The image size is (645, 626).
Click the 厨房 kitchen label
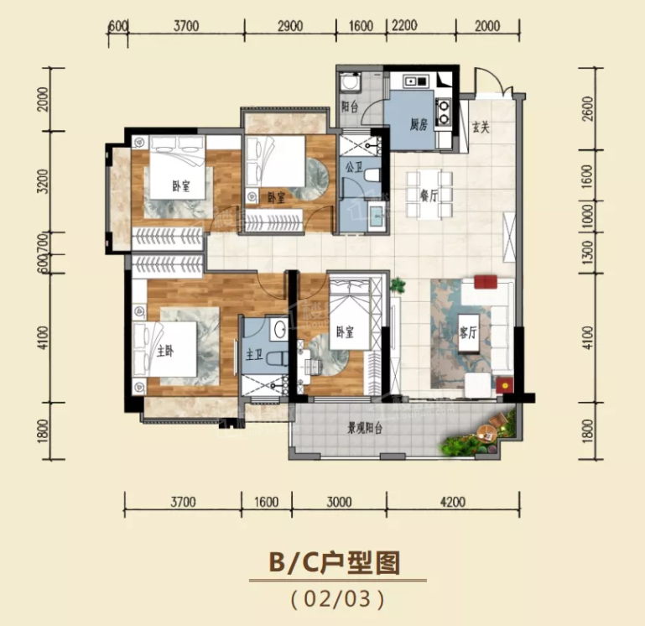419,124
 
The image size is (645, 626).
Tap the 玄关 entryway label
481,128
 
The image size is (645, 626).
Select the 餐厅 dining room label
429,196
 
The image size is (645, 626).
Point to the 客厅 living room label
469,333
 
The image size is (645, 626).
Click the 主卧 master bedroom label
165,351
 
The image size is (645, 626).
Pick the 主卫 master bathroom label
254,354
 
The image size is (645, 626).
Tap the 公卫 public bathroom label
354,168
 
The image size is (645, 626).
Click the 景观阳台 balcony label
366,429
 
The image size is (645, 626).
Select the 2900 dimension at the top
290,26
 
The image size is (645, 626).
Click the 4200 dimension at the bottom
452,502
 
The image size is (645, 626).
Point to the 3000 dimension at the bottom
339,502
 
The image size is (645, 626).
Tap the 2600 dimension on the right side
589,108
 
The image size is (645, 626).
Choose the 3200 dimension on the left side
43,181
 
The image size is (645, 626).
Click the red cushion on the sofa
486,282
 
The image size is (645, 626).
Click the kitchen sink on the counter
416,81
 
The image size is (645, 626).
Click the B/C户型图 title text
335,562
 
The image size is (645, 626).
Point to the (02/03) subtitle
338,599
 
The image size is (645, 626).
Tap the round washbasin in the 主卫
280,329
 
